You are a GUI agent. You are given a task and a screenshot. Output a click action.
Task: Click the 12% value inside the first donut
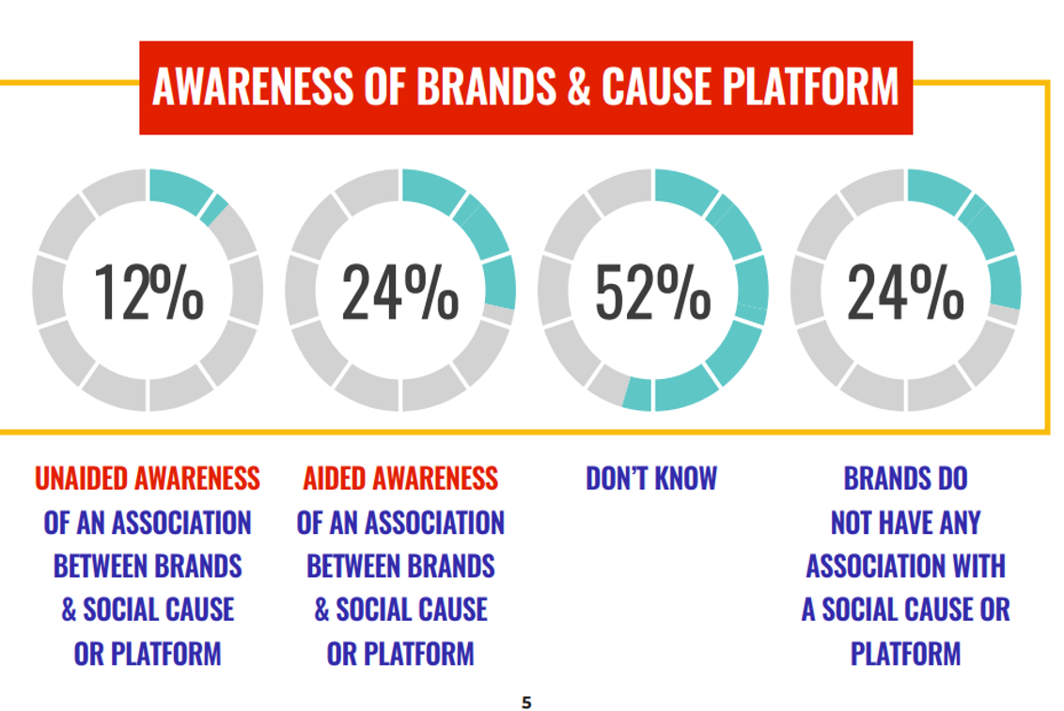click(149, 292)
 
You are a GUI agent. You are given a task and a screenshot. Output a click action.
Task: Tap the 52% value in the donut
click(653, 292)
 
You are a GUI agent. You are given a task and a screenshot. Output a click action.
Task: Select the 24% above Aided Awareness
click(400, 292)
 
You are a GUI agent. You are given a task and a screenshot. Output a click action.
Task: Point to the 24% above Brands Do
click(905, 292)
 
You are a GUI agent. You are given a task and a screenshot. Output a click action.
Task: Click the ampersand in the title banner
click(579, 87)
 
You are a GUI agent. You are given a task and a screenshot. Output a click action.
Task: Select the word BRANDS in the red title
click(487, 87)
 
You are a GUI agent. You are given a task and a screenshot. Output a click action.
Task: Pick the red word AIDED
click(334, 479)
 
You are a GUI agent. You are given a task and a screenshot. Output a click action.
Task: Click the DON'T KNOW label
click(651, 479)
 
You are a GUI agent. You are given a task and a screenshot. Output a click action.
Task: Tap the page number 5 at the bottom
click(526, 703)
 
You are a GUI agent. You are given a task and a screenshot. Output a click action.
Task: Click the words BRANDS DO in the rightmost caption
click(905, 479)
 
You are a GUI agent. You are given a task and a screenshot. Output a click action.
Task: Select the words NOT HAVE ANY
click(905, 523)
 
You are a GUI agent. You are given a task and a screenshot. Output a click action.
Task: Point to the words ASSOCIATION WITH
click(905, 566)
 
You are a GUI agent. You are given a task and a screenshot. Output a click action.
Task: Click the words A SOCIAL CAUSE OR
click(905, 609)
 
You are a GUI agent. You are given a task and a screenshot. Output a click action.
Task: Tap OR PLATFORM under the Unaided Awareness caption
click(148, 654)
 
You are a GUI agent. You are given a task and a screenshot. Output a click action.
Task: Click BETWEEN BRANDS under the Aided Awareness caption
click(400, 566)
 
